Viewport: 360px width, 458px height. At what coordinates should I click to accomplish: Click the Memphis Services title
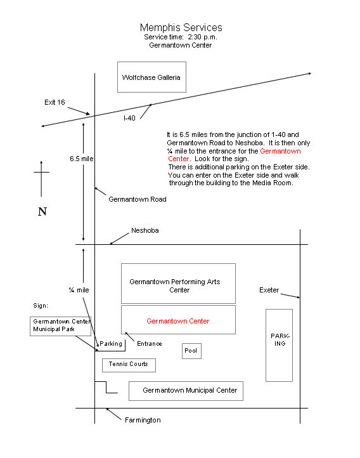[181, 28]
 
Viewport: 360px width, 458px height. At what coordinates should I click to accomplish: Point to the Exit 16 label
[55, 102]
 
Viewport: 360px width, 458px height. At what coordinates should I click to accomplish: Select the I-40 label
[129, 118]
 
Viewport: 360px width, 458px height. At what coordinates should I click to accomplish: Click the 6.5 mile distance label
[81, 159]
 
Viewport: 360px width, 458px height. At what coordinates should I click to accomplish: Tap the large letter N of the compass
[42, 211]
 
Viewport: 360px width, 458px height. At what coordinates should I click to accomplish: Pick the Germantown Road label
[138, 199]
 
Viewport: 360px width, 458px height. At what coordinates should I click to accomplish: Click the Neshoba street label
[145, 230]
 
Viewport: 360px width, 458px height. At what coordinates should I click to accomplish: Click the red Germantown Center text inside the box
[178, 321]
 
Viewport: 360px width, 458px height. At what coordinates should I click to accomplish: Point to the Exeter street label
[269, 290]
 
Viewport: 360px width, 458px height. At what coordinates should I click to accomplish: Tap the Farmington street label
[143, 420]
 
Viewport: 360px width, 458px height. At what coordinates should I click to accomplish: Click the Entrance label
[150, 344]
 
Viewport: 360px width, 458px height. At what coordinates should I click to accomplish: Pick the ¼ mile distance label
[79, 290]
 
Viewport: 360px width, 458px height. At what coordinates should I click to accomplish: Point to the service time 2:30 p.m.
[202, 37]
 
